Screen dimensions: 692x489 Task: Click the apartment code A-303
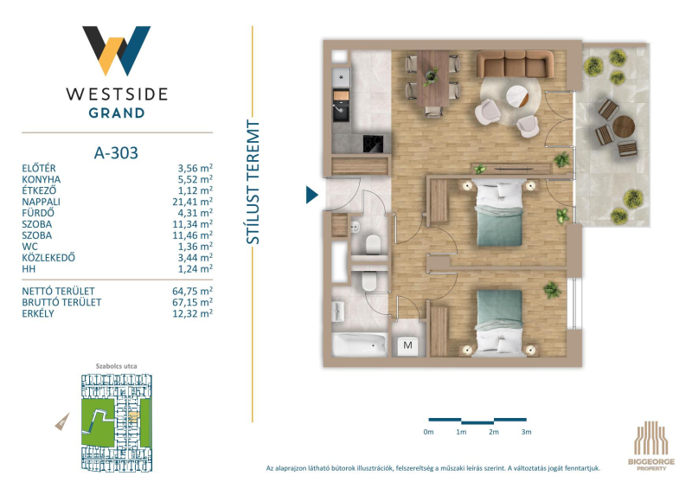pos(116,153)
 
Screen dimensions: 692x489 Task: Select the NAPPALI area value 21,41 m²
pos(192,202)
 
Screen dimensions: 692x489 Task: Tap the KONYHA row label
pos(41,179)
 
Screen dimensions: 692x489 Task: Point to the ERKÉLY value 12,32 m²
pos(192,313)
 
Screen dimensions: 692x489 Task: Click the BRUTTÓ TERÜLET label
pos(61,302)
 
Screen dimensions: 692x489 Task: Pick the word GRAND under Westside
pos(117,113)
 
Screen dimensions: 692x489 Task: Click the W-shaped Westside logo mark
pos(117,50)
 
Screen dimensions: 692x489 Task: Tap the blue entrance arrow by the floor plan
pos(311,195)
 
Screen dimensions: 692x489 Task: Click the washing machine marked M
pos(407,345)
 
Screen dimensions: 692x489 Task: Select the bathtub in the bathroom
pos(360,344)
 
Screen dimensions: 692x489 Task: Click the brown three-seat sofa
pos(515,64)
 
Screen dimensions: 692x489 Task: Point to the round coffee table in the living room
pos(516,96)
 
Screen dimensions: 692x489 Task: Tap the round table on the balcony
pos(623,126)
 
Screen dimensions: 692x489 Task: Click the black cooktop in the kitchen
pos(373,144)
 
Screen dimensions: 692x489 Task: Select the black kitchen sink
pos(341,112)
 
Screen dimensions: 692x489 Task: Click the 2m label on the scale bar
pos(493,432)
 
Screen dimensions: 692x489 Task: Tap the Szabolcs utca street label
pos(117,366)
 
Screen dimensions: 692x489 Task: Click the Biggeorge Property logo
pos(651,445)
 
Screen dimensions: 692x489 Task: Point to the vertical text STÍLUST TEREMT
pos(253,182)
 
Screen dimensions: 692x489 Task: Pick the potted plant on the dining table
pos(431,76)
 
